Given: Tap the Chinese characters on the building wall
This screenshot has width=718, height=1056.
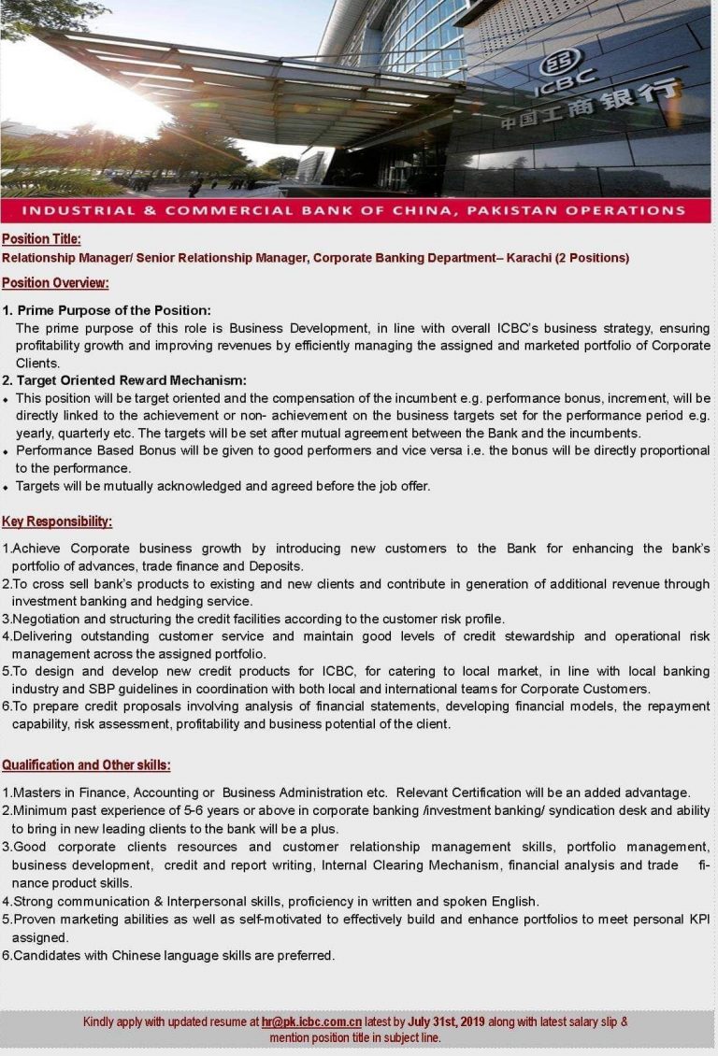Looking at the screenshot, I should pos(590,107).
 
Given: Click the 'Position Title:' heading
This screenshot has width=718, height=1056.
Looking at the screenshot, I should pos(41,239).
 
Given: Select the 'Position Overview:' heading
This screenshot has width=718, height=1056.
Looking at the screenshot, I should pos(55,282).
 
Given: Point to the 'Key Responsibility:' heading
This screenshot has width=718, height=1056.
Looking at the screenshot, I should pos(57,521).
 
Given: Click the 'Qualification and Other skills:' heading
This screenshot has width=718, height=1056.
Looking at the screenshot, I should pos(86,765).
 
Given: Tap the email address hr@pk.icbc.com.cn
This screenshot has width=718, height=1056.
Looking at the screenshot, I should pos(311,1021).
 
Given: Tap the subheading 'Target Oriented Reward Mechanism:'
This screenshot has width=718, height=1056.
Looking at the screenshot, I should pos(132,380).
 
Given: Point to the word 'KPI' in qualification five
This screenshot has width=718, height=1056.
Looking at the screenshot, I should pos(698,919).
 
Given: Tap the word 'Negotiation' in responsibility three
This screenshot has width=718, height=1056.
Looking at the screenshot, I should pos(48,619).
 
